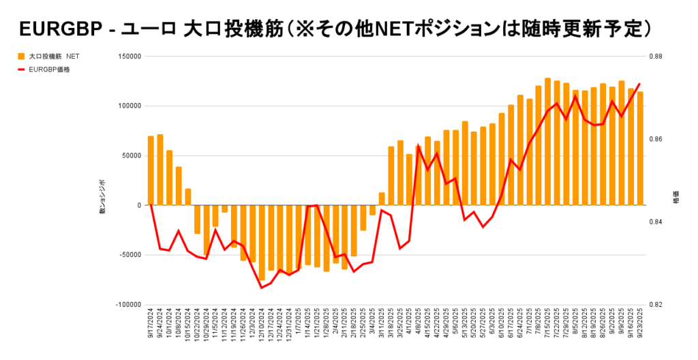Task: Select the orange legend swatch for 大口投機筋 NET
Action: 21,57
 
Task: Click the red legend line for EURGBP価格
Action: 21,69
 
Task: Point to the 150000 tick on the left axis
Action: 129,57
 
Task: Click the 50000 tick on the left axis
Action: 130,155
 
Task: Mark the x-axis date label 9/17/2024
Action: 151,326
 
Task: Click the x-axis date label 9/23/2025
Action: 640,326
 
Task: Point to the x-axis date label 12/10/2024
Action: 262,326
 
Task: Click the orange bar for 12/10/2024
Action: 262,243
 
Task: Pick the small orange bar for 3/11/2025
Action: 382,198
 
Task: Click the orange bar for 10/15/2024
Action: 188,197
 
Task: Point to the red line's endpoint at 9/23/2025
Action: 639,84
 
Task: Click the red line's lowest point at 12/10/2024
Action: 262,288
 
